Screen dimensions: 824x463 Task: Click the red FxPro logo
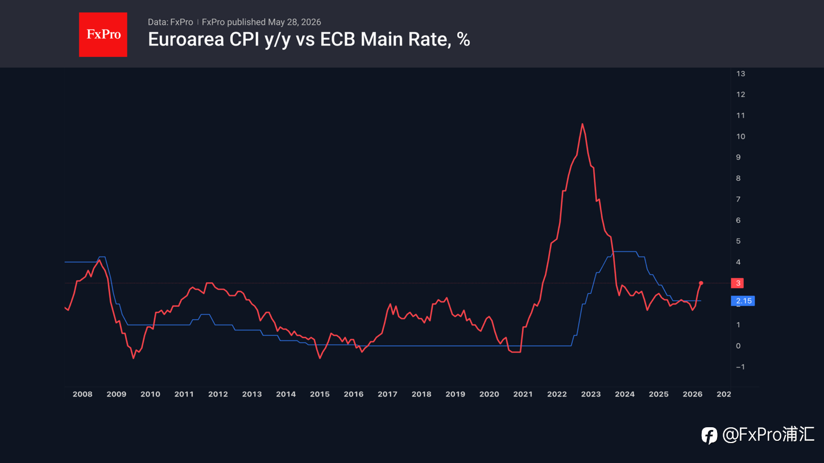point(103,35)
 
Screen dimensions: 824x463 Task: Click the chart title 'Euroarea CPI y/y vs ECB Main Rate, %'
point(309,39)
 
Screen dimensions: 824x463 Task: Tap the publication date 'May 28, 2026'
point(295,22)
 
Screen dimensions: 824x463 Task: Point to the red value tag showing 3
point(737,283)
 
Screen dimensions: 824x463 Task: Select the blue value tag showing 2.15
point(743,301)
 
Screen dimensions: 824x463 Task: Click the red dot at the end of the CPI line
point(701,283)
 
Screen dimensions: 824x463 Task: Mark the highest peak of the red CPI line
point(582,124)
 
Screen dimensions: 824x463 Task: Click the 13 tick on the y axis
point(740,73)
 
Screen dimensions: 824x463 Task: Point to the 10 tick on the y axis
point(740,136)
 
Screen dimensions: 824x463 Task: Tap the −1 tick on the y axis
point(740,367)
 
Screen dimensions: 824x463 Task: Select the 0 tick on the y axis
point(738,346)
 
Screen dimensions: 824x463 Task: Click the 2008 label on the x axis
point(82,394)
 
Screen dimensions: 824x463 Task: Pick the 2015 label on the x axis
point(320,394)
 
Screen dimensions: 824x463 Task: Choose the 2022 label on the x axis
point(557,394)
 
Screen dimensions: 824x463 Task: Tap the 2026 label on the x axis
point(693,394)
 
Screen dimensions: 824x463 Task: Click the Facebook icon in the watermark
point(709,436)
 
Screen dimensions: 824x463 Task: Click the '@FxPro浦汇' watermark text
point(768,435)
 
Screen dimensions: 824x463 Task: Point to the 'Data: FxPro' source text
point(171,22)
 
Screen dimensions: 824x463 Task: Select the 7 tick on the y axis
point(738,199)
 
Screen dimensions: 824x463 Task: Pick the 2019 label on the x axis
point(456,394)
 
